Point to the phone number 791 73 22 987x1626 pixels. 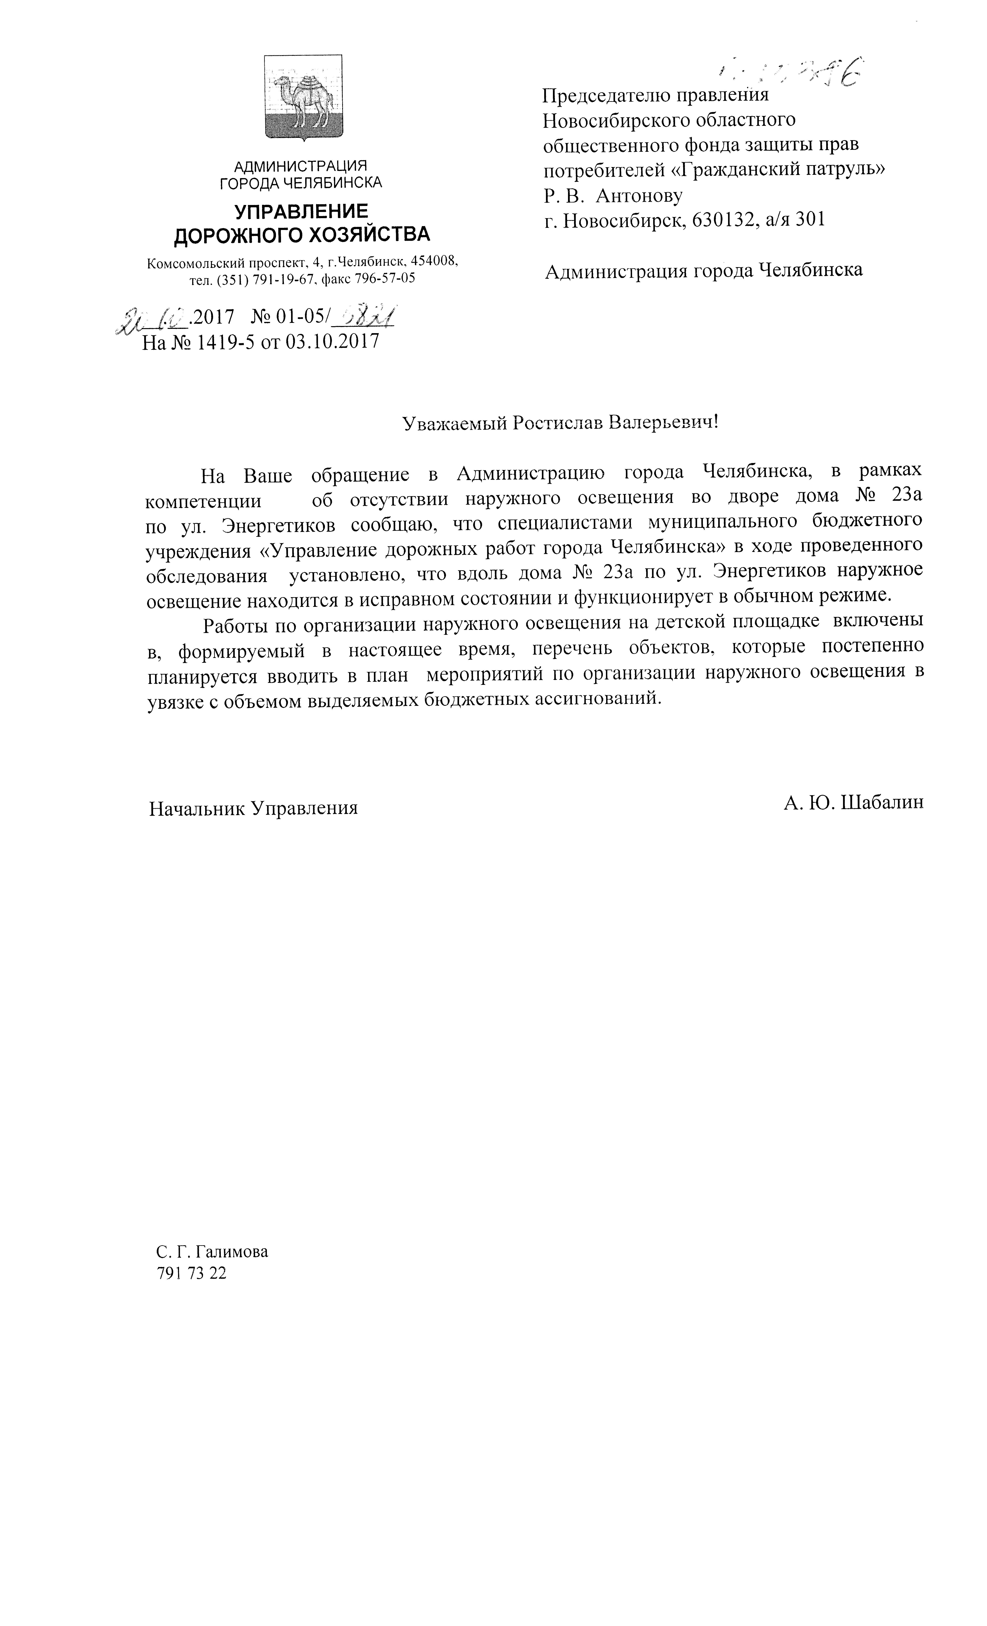point(191,1274)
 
